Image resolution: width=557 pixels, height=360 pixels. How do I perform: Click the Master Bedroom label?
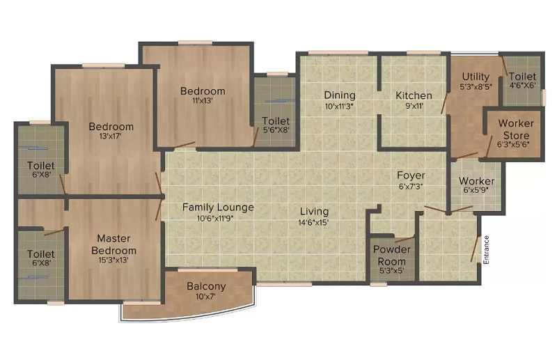[113, 244]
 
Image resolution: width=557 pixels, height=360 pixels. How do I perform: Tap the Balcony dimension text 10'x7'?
[205, 296]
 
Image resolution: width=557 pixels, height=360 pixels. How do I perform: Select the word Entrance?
[486, 249]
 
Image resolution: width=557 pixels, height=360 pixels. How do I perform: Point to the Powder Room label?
[392, 255]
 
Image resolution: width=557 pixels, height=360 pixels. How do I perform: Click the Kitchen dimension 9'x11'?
[414, 106]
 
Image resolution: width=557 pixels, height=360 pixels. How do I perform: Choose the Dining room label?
[340, 95]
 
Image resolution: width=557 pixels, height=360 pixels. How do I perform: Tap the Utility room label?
[476, 77]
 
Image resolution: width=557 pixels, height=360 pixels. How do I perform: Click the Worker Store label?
[516, 130]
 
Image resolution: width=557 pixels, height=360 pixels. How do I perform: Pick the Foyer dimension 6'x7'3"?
[411, 186]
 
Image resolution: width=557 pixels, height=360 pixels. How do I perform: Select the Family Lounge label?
[218, 208]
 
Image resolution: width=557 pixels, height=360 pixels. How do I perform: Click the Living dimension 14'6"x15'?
[314, 222]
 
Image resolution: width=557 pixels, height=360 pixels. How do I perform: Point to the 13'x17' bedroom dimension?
[111, 136]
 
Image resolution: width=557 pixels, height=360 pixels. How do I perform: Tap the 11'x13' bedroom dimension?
[203, 100]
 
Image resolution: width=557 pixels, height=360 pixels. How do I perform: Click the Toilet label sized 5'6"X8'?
[276, 121]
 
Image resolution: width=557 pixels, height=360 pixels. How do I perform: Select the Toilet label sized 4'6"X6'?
[522, 77]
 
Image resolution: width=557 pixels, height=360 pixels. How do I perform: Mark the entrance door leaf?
[476, 249]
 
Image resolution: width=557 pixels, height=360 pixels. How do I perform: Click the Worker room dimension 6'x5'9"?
[476, 190]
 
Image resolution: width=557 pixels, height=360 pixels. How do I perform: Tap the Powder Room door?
[405, 239]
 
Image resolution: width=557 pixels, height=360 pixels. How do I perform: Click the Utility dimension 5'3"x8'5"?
[476, 86]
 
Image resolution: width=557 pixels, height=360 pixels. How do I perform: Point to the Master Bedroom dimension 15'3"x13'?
[113, 260]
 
